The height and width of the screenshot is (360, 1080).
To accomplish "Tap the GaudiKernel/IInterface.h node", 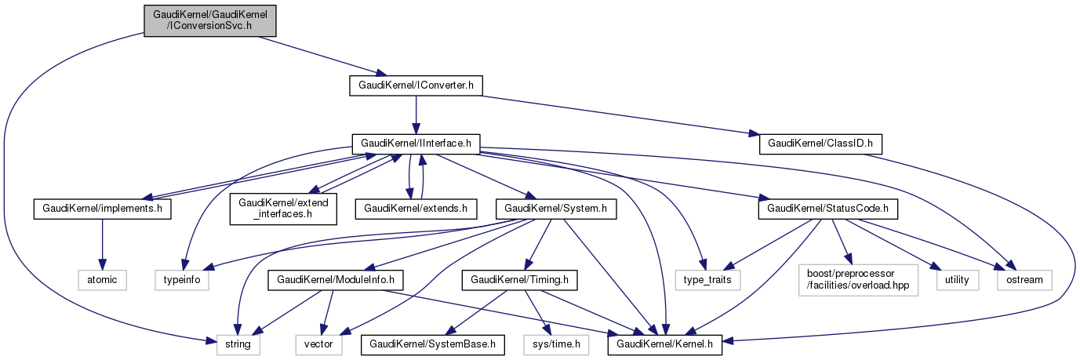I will [416, 144].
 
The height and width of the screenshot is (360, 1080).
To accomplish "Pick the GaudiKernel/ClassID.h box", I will [821, 144].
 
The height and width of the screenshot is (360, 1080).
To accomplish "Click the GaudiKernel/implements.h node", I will [102, 209].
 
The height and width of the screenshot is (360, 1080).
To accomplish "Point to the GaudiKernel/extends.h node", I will [416, 209].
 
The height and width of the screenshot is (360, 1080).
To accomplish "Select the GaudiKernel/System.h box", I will [556, 209].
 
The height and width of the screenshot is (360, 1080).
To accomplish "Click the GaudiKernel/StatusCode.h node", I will [827, 209].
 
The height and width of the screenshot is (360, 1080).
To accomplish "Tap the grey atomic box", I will [101, 278].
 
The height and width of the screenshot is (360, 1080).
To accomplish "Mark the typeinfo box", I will [187, 278].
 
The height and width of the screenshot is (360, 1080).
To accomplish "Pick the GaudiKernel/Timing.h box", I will [520, 278].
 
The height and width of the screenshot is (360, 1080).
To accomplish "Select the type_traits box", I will [707, 278].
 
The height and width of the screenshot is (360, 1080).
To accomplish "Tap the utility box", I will [958, 278].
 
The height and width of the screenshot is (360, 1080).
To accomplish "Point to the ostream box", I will [1024, 278].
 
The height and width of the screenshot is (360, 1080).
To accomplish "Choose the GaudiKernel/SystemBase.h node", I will [433, 344].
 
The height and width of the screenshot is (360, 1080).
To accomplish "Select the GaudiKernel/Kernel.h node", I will [664, 344].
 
